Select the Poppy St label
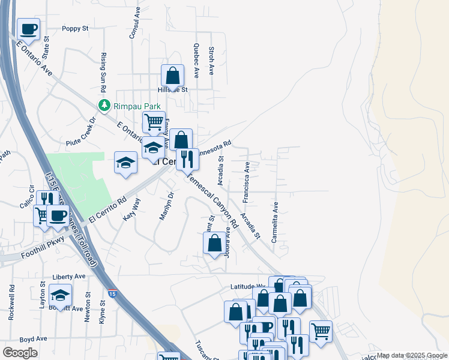pos(75,28)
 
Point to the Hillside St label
pos(173,90)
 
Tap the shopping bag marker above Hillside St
pos(172,76)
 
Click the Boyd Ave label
pos(33,339)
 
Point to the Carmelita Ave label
pos(275,221)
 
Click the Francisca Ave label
pos(246,181)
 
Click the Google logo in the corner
pos(20,353)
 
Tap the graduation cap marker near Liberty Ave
pos(60,295)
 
